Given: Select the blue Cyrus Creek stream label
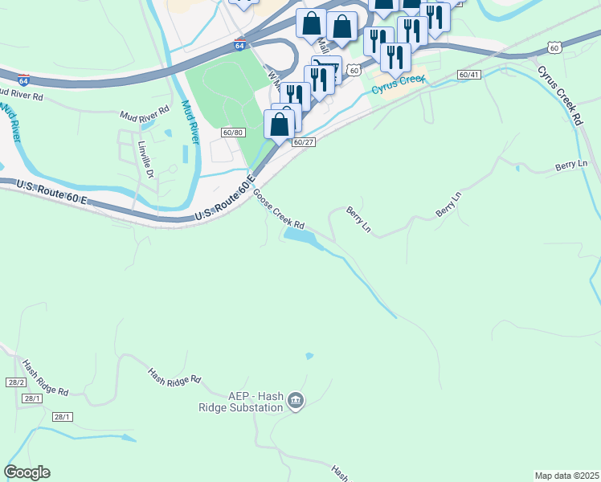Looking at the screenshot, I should tap(399, 83).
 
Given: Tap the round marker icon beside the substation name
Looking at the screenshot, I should tap(296, 400).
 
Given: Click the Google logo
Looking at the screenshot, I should tap(27, 472).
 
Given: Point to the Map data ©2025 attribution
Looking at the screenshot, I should tap(566, 476).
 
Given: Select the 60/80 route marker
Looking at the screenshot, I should tap(233, 133).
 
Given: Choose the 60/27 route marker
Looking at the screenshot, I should tap(303, 142).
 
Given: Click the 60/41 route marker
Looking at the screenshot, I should tap(468, 75).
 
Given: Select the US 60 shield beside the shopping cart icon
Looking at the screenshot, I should tap(354, 71).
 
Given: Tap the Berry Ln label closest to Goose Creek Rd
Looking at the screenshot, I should tap(358, 219).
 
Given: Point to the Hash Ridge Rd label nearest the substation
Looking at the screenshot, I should tap(174, 376).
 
